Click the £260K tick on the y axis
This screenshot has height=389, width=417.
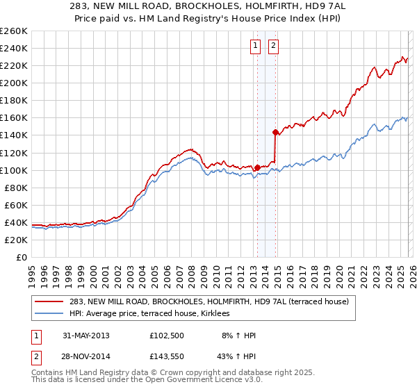(x=13, y=31)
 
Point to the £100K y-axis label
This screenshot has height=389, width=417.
(x=13, y=170)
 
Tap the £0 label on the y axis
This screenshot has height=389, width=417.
(x=21, y=257)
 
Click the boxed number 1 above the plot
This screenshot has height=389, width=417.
(x=255, y=47)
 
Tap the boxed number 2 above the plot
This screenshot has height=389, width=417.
(x=273, y=47)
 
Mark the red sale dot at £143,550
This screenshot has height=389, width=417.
(x=276, y=131)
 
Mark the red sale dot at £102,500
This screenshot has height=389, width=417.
(x=257, y=167)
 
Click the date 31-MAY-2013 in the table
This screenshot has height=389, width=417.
(x=85, y=336)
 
